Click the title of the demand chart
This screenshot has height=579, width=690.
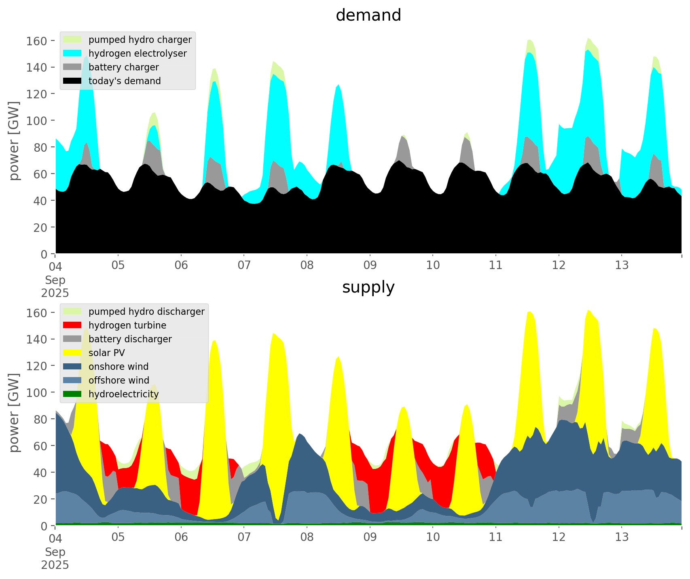click(368, 15)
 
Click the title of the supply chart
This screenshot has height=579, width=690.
click(368, 287)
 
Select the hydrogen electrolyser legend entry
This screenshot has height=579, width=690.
click(138, 53)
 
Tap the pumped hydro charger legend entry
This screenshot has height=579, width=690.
click(140, 40)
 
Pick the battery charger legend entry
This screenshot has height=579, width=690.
click(123, 67)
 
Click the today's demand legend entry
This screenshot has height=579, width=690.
click(125, 81)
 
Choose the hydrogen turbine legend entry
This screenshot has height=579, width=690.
click(127, 325)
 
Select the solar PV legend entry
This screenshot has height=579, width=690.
click(107, 353)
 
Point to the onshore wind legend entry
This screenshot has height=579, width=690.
click(119, 367)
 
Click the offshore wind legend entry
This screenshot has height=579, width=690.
click(119, 380)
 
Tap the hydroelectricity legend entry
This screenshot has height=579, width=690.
click(123, 394)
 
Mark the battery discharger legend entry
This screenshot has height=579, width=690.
click(130, 339)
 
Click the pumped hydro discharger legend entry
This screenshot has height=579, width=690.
click(146, 312)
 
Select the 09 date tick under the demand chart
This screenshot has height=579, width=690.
click(370, 265)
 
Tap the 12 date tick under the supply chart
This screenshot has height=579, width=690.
click(559, 537)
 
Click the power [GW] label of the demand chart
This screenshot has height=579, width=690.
click(14, 141)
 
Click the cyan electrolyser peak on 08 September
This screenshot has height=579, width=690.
click(339, 86)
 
